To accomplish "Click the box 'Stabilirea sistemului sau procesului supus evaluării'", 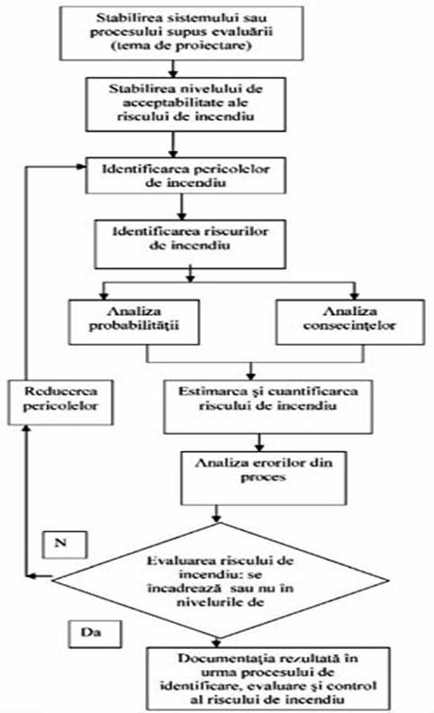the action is tap(182, 33).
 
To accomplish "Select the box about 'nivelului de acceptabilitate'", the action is tap(185, 104).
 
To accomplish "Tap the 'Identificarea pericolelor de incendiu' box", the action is tap(185, 176).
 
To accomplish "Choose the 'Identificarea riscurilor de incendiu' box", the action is tap(190, 244).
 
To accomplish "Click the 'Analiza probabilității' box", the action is tap(134, 321).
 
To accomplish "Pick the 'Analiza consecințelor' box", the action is tap(350, 321).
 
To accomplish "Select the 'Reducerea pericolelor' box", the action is tap(60, 402).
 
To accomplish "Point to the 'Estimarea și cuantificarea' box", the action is tap(268, 407).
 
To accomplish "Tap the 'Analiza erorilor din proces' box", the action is tap(264, 478).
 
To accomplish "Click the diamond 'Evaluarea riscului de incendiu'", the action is tap(221, 581).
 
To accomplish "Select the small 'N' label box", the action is tap(65, 545).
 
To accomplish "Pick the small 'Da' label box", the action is tap(95, 634).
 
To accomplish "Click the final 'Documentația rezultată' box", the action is tap(268, 678).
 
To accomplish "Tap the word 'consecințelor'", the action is tap(349, 326).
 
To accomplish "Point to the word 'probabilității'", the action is tap(134, 326).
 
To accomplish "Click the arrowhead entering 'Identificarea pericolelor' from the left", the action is tap(82, 167).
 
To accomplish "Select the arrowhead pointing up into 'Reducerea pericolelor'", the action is tap(26, 429).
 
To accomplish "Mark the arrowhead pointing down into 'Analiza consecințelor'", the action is tap(355, 295).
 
